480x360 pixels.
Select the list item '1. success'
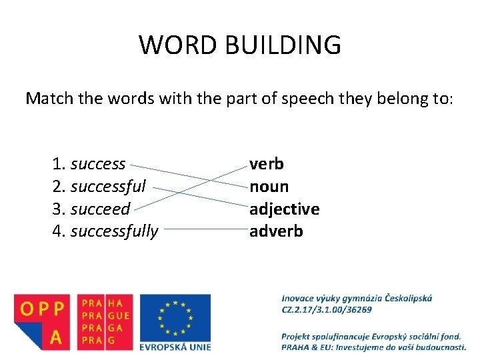pos(89,164)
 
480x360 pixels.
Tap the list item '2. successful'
pos(100,187)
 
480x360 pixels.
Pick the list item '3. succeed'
pos(91,209)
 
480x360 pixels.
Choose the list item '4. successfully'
pos(105,231)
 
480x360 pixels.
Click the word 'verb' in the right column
pos(267,164)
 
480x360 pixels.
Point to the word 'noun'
pos(269,187)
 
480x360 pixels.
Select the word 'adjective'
pos(285,209)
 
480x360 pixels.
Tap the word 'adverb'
pos(276,231)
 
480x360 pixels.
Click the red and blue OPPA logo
pos(41,321)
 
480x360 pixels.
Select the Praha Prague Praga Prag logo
pos(105,321)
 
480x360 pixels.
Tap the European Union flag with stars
pos(175,317)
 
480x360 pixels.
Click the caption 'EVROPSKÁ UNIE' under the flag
pos(175,346)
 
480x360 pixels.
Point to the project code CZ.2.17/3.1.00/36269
pos(327,309)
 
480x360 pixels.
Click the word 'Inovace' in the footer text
pos(299,298)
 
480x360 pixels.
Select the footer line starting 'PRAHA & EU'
pos(373,347)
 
